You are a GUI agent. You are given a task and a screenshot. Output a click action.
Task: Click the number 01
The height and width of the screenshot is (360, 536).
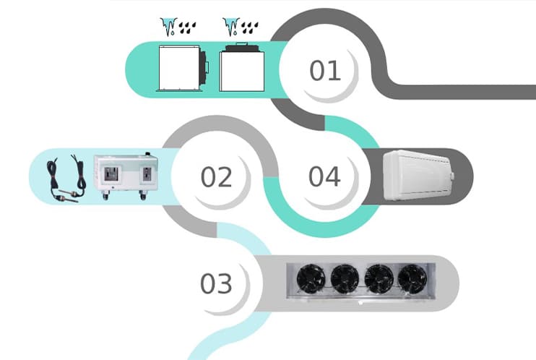[x=324, y=71]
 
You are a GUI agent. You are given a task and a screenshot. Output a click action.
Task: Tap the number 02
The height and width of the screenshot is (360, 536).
[x=216, y=176]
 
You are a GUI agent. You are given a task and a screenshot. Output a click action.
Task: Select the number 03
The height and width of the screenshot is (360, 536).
[x=216, y=284]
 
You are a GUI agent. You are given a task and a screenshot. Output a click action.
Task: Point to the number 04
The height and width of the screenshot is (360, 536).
[x=324, y=176]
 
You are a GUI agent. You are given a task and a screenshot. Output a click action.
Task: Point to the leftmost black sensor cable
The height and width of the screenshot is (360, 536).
[x=56, y=178]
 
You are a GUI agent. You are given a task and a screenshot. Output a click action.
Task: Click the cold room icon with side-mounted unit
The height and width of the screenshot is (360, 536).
[x=181, y=68]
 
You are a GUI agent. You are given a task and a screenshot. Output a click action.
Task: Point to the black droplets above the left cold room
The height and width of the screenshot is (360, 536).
[x=190, y=28]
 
